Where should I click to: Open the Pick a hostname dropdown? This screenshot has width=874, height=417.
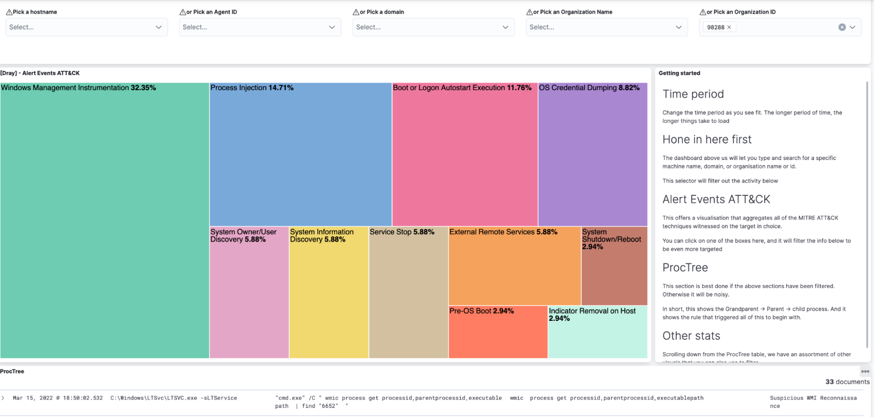click(x=87, y=27)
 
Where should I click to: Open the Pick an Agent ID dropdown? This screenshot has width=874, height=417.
click(x=260, y=27)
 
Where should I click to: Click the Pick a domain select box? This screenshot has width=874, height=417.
click(x=433, y=27)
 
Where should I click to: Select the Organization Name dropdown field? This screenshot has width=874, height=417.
click(x=607, y=27)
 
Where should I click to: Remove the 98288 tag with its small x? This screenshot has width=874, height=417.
click(x=729, y=27)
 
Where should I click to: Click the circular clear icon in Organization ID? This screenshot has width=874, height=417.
click(x=842, y=27)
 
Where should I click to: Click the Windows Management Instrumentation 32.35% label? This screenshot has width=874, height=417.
click(x=79, y=88)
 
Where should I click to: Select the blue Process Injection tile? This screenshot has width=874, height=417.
click(x=300, y=154)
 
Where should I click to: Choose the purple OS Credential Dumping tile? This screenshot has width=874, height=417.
click(x=593, y=154)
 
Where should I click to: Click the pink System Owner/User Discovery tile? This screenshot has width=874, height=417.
click(x=249, y=292)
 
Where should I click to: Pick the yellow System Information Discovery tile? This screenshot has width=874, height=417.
click(x=329, y=292)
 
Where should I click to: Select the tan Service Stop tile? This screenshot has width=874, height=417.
click(x=409, y=292)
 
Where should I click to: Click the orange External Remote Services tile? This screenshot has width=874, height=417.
click(x=515, y=266)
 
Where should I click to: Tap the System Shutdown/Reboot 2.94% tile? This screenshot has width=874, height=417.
click(x=614, y=266)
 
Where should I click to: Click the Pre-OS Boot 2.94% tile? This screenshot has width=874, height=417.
click(x=498, y=332)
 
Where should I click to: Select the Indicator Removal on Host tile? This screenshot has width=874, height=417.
click(x=598, y=332)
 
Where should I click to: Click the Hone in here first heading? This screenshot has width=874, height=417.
click(x=707, y=139)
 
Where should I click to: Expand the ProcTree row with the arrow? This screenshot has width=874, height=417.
click(x=3, y=398)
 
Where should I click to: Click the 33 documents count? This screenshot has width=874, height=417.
click(x=847, y=382)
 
